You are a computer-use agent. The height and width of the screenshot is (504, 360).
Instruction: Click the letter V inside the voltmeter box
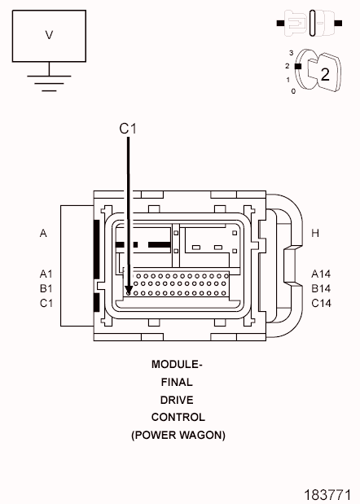point(49,35)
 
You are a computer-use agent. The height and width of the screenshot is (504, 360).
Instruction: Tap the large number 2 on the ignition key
point(325,74)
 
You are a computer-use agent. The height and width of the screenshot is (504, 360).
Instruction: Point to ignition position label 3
point(292,53)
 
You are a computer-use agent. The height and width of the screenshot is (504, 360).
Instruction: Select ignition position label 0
point(293,91)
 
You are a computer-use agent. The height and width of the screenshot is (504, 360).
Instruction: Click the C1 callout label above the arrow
point(128,129)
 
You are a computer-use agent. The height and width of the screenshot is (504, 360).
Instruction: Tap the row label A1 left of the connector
point(46,274)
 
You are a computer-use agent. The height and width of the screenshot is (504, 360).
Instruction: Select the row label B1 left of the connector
point(46,288)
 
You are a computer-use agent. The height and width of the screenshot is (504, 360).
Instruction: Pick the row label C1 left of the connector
point(46,303)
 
